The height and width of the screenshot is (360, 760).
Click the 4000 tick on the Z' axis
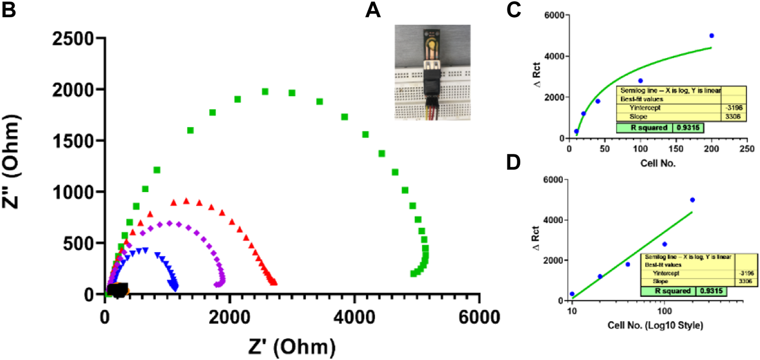coord(354,317)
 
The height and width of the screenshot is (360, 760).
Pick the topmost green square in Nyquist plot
coord(265,92)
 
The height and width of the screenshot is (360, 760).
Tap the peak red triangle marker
coord(186,200)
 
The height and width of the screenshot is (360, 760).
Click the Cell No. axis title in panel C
coord(658,163)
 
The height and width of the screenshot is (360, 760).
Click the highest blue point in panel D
coord(693,200)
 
